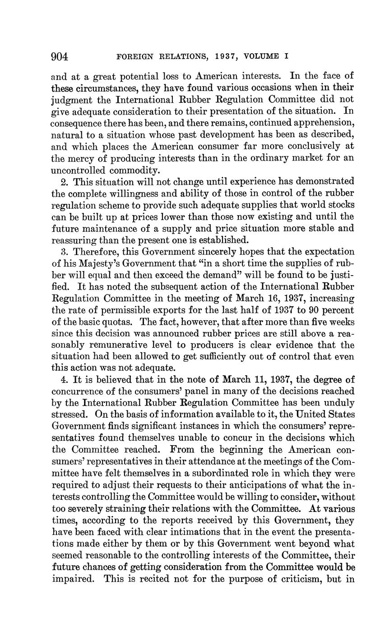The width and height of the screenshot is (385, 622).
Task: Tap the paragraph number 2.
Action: pos(63,182)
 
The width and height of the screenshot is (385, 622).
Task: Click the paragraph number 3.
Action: pos(63,252)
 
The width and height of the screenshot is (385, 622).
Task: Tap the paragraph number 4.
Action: pos(63,380)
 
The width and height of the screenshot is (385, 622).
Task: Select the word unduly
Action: pos(339,403)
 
